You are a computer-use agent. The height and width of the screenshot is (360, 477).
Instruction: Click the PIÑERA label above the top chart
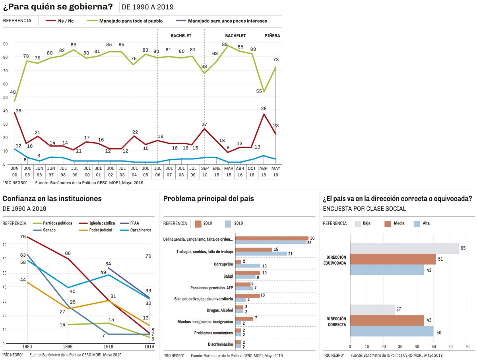point(272,36)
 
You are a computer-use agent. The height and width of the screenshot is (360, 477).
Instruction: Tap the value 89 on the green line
point(225,45)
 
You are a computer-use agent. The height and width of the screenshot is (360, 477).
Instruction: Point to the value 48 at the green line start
point(13,93)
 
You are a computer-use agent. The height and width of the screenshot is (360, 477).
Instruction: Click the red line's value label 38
point(263,108)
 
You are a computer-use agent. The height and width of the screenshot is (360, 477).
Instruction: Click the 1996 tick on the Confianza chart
point(68,346)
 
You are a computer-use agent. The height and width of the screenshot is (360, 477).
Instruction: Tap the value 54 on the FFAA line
point(109,264)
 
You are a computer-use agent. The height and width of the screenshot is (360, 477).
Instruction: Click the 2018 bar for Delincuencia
point(272,238)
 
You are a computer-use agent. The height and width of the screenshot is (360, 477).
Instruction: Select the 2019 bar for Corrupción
point(247,266)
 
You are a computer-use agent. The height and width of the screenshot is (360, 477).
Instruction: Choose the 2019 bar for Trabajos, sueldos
point(261,254)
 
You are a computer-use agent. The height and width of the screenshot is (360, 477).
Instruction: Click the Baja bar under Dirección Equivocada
point(404,249)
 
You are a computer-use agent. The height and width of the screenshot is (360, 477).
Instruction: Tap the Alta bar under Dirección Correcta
point(392,331)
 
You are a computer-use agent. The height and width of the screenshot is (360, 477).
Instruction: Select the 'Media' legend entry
point(399,223)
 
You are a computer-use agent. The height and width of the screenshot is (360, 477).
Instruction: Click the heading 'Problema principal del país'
point(209,199)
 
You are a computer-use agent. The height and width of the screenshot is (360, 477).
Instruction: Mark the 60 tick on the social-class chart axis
point(450,346)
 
